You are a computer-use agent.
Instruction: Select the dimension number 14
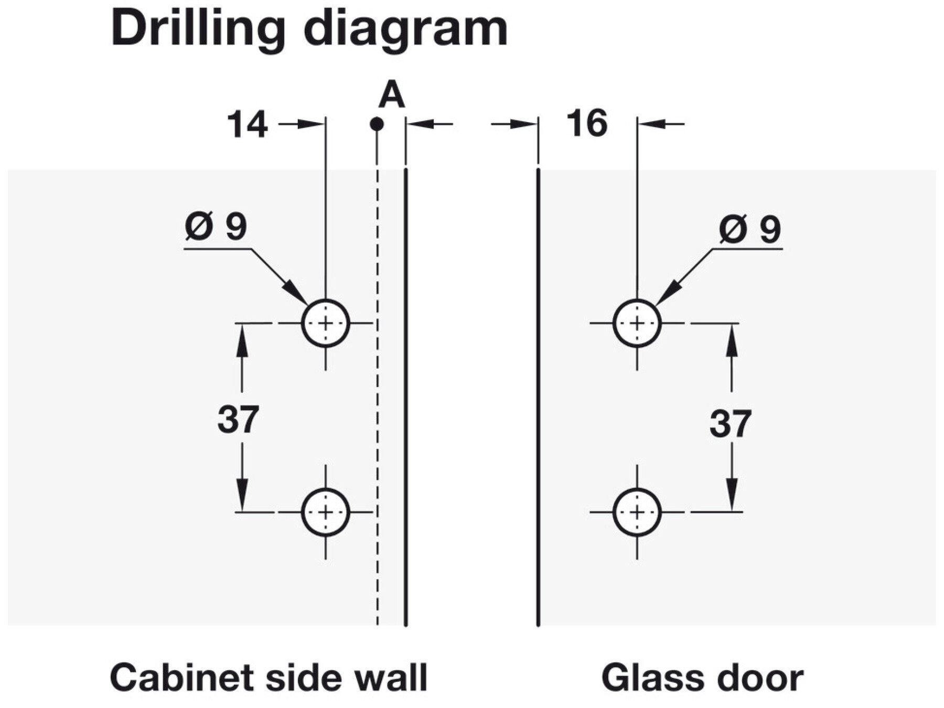click(247, 125)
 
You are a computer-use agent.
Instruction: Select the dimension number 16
click(587, 124)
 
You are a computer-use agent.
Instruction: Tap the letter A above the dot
click(391, 96)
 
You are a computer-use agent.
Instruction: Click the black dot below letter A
click(377, 124)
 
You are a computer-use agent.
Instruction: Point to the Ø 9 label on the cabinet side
click(216, 227)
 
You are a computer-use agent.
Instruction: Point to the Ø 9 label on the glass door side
click(750, 229)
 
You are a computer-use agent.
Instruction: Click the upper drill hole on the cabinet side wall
click(326, 323)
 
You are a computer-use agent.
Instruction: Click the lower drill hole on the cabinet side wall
click(326, 512)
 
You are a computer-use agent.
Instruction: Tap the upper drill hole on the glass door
click(637, 323)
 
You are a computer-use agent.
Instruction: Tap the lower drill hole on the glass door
click(637, 512)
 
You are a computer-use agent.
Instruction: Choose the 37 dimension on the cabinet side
click(238, 419)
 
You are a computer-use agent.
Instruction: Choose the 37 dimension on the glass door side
click(730, 423)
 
